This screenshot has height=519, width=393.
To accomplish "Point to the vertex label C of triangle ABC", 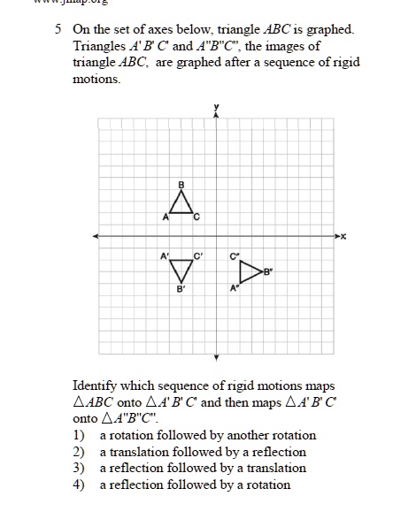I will coord(197,217).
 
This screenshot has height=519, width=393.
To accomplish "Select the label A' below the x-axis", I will coord(164,256).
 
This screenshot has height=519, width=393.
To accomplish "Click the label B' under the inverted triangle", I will coord(181,289).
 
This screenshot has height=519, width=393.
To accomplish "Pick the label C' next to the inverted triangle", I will coord(199,256).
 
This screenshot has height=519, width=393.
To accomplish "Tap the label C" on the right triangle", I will coord(234,256).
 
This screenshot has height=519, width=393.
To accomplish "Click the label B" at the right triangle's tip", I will coord(268,273).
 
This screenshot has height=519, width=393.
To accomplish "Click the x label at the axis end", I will coord(343,236).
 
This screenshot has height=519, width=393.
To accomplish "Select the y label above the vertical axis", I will coord(215,107).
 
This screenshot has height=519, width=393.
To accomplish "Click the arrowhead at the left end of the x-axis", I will coord(95,236).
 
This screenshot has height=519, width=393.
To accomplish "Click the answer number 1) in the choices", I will coord(79,435).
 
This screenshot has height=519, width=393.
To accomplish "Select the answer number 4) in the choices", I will coord(79,484).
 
